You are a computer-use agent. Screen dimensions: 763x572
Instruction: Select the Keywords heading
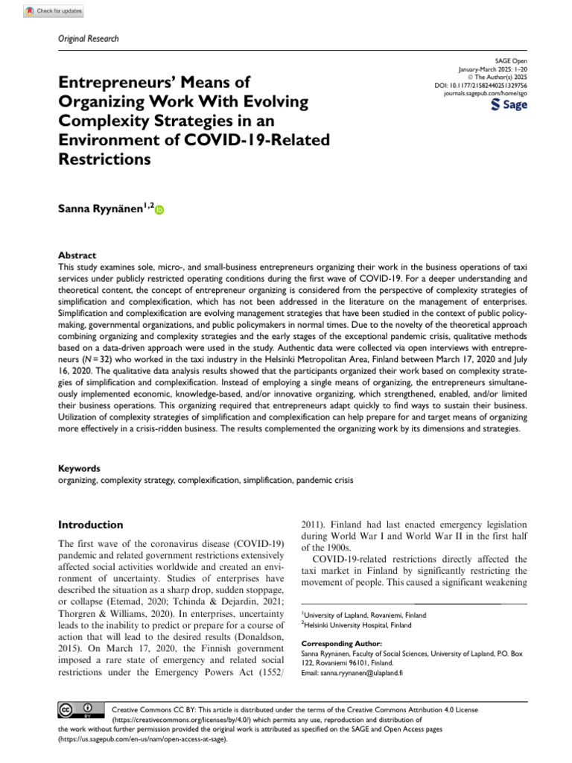(x=79, y=469)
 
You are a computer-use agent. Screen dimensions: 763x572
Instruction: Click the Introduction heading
(x=91, y=525)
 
